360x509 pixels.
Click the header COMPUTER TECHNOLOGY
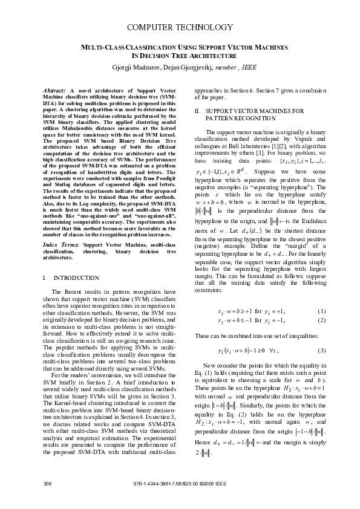point(179,28)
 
